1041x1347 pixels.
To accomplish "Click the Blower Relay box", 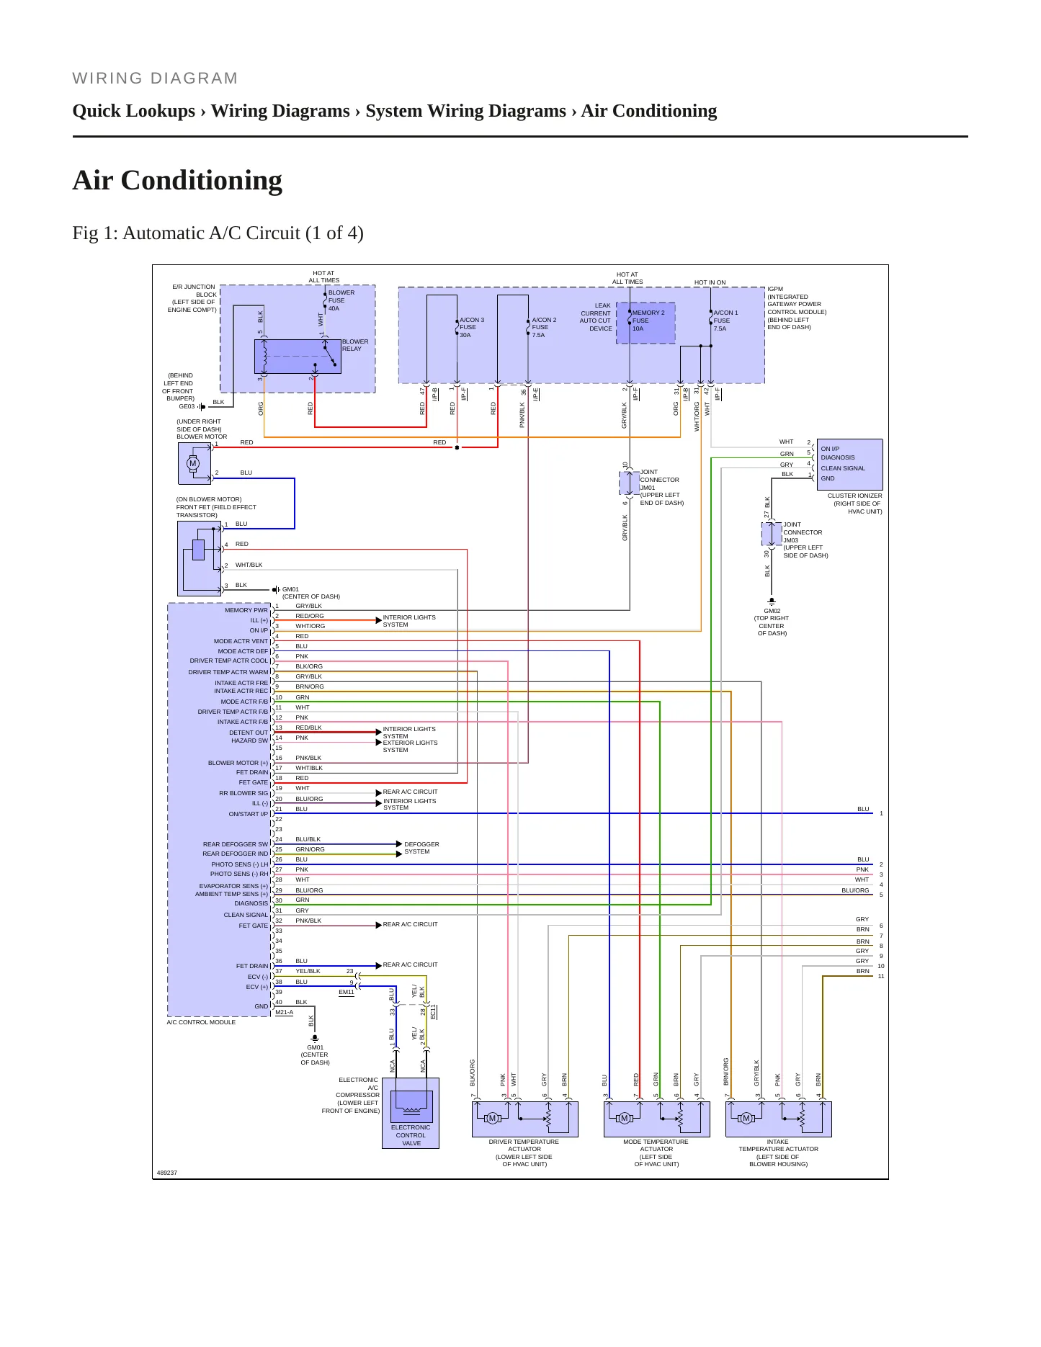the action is point(298,356).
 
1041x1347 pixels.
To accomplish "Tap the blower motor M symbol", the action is point(192,463).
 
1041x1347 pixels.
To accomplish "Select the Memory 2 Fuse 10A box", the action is point(645,323).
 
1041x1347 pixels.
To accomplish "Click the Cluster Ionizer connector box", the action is point(849,464).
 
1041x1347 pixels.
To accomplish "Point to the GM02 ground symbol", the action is point(772,601).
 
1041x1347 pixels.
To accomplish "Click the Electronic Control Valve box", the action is point(411,1113).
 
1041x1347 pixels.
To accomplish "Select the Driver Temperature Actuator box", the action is point(524,1119).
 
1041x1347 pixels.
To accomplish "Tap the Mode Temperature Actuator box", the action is point(656,1119).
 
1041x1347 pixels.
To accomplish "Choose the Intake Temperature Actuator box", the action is point(779,1119).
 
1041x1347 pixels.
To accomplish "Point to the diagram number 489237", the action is point(167,1173).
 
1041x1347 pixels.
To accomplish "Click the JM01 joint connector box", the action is point(629,483).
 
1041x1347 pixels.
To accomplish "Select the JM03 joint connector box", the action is point(772,534).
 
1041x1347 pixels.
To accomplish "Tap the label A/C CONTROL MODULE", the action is point(201,1022).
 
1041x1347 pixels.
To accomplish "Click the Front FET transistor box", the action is point(199,558).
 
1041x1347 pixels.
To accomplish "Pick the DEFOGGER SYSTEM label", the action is point(421,848).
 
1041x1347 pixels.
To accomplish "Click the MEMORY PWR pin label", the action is point(246,610).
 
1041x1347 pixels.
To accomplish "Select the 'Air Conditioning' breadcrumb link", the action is point(649,111).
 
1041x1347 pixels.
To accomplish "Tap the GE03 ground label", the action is point(187,406).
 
